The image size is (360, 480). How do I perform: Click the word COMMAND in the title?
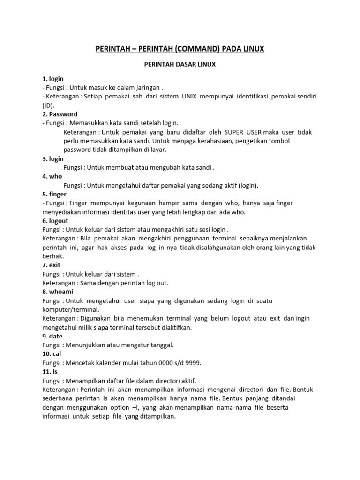pos(187,49)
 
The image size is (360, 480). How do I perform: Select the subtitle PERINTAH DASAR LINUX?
pos(180,65)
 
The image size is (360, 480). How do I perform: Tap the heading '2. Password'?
pos(60,114)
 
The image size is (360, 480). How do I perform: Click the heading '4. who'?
pos(52,176)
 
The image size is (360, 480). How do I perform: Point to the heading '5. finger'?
pos(54,194)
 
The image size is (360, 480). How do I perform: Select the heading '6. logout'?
pos(55,221)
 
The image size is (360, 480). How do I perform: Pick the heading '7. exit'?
pos(52,265)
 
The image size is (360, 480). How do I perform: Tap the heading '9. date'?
pos(52,336)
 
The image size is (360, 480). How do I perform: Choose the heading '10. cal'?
pos(52,354)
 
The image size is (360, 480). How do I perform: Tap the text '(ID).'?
pos(49,105)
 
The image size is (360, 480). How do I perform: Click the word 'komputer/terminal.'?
pos(69,309)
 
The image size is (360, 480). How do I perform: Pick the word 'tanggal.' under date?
pos(161,345)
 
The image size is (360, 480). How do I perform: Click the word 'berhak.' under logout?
pos(53,256)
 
